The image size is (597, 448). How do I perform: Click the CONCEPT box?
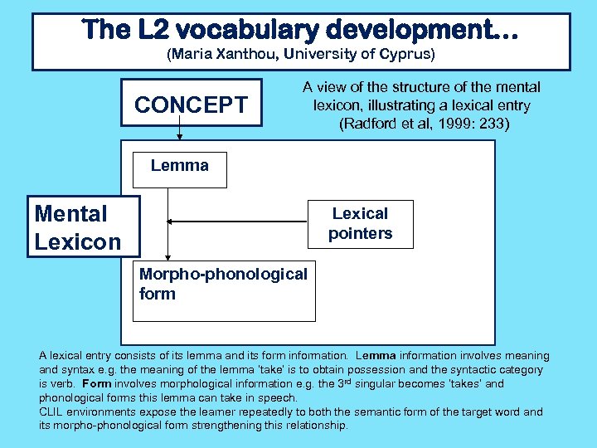pos(191,105)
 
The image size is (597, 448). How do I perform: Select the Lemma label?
pos(179,165)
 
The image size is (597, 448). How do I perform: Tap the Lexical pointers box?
pos(360,224)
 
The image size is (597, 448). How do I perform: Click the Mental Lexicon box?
pos(76,226)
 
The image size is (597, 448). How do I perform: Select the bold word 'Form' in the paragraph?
pos(96,384)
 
